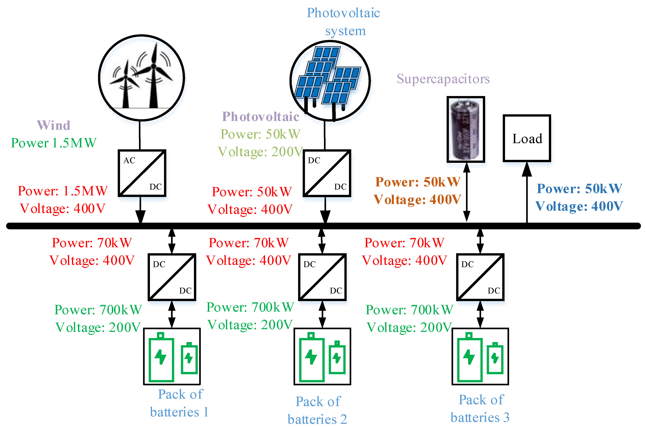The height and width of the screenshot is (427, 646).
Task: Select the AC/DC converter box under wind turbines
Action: click(142, 173)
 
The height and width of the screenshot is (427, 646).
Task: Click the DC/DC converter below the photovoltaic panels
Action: click(326, 173)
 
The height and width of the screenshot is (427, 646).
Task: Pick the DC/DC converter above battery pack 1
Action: click(172, 277)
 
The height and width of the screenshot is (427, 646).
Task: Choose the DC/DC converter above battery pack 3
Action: click(480, 277)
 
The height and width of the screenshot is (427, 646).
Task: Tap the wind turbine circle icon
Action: click(141, 78)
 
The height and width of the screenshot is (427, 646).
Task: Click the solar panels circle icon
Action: click(330, 81)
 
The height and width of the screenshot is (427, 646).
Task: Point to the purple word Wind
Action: click(54, 125)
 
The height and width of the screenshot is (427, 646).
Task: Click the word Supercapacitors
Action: click(443, 79)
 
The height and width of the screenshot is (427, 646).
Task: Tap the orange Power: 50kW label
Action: click(418, 182)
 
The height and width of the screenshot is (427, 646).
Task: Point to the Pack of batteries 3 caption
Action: click(480, 409)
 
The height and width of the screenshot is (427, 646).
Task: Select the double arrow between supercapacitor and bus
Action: click(467, 192)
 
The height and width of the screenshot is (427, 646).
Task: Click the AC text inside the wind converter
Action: click(129, 160)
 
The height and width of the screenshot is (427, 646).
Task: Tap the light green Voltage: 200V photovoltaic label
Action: click(260, 152)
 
